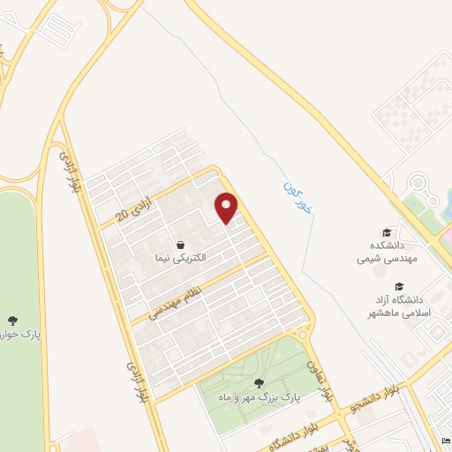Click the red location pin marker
click(227, 208)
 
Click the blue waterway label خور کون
click(293, 195)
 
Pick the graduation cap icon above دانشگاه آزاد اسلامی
click(399, 287)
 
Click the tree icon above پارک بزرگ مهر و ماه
click(258, 383)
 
